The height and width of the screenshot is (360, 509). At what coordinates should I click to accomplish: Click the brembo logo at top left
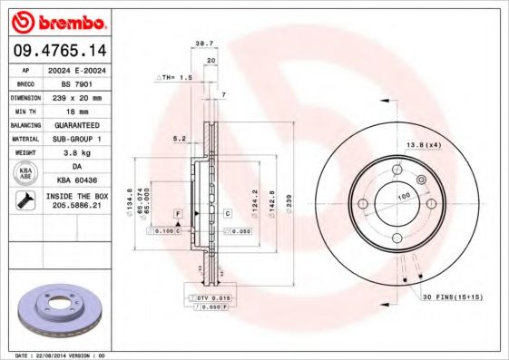pyautogui.click(x=56, y=21)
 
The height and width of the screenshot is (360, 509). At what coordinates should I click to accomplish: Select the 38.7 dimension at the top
pyautogui.click(x=204, y=44)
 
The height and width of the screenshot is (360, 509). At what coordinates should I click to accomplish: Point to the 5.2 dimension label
pyautogui.click(x=179, y=139)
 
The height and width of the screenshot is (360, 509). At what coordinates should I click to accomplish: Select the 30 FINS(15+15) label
pyautogui.click(x=452, y=297)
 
